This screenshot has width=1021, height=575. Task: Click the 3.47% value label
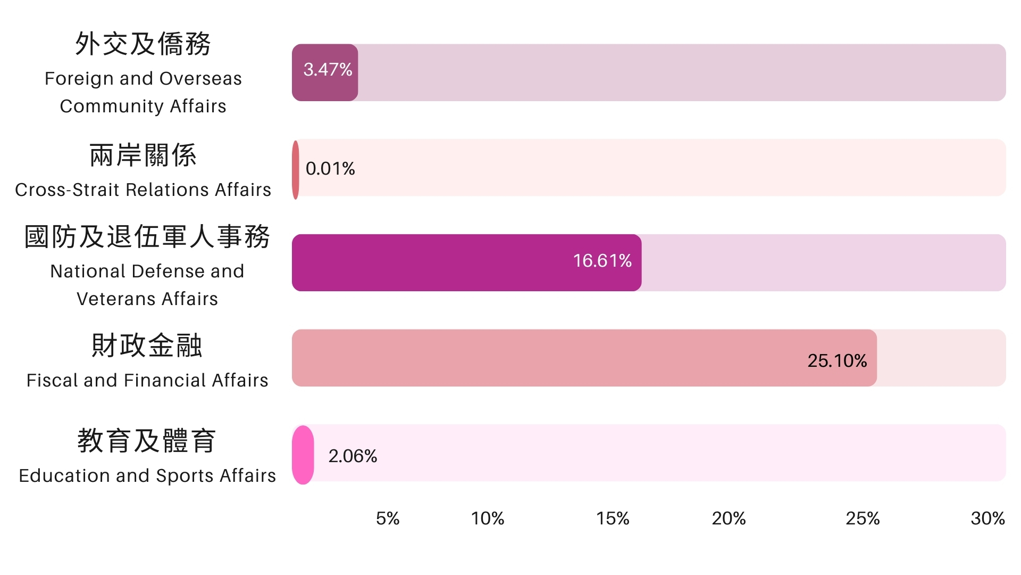pos(328,69)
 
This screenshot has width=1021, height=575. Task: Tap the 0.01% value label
pos(330,169)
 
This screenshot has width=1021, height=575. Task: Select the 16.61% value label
pos(602,261)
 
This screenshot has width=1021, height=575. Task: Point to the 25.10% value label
pos(836,361)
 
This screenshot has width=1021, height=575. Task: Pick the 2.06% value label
pos(353,456)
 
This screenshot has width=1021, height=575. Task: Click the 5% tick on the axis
pos(387,519)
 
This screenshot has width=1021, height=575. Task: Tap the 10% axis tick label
pos(487,519)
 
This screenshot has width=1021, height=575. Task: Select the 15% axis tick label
pos(612,519)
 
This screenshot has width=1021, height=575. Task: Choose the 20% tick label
pos(729,519)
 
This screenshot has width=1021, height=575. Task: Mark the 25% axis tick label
pos(862,519)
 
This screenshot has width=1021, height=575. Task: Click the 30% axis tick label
pos(987,519)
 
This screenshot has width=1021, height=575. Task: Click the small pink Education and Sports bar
pos(303,455)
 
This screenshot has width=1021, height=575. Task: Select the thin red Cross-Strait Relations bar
pos(296,170)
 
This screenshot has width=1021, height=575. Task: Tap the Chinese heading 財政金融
pos(147,346)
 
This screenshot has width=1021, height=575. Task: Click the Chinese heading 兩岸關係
pos(143,155)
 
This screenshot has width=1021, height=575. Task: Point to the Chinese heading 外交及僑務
pos(143,44)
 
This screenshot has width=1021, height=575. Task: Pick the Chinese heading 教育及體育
pos(147,441)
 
